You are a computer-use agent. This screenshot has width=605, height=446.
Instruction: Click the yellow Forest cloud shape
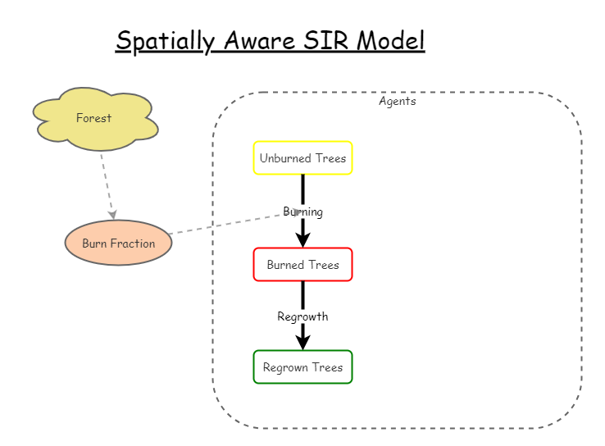pos(94,119)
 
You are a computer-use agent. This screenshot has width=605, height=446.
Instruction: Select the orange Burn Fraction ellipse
pos(119,243)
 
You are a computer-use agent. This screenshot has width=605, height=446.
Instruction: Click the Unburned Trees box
pos(302,158)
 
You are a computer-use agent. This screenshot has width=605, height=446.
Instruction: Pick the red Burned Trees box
pos(302,265)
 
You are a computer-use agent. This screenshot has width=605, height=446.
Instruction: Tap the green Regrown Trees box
pos(302,367)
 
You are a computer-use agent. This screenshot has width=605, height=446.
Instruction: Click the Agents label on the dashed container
pos(397,102)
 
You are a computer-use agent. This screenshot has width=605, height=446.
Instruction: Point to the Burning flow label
pos(303,212)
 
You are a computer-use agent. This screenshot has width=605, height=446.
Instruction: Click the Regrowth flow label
pos(302,316)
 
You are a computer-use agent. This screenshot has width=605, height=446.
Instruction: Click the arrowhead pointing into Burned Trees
pos(302,239)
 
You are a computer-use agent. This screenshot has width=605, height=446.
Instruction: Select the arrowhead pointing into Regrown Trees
pos(302,342)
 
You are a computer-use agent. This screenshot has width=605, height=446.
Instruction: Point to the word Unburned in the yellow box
pos(282,158)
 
